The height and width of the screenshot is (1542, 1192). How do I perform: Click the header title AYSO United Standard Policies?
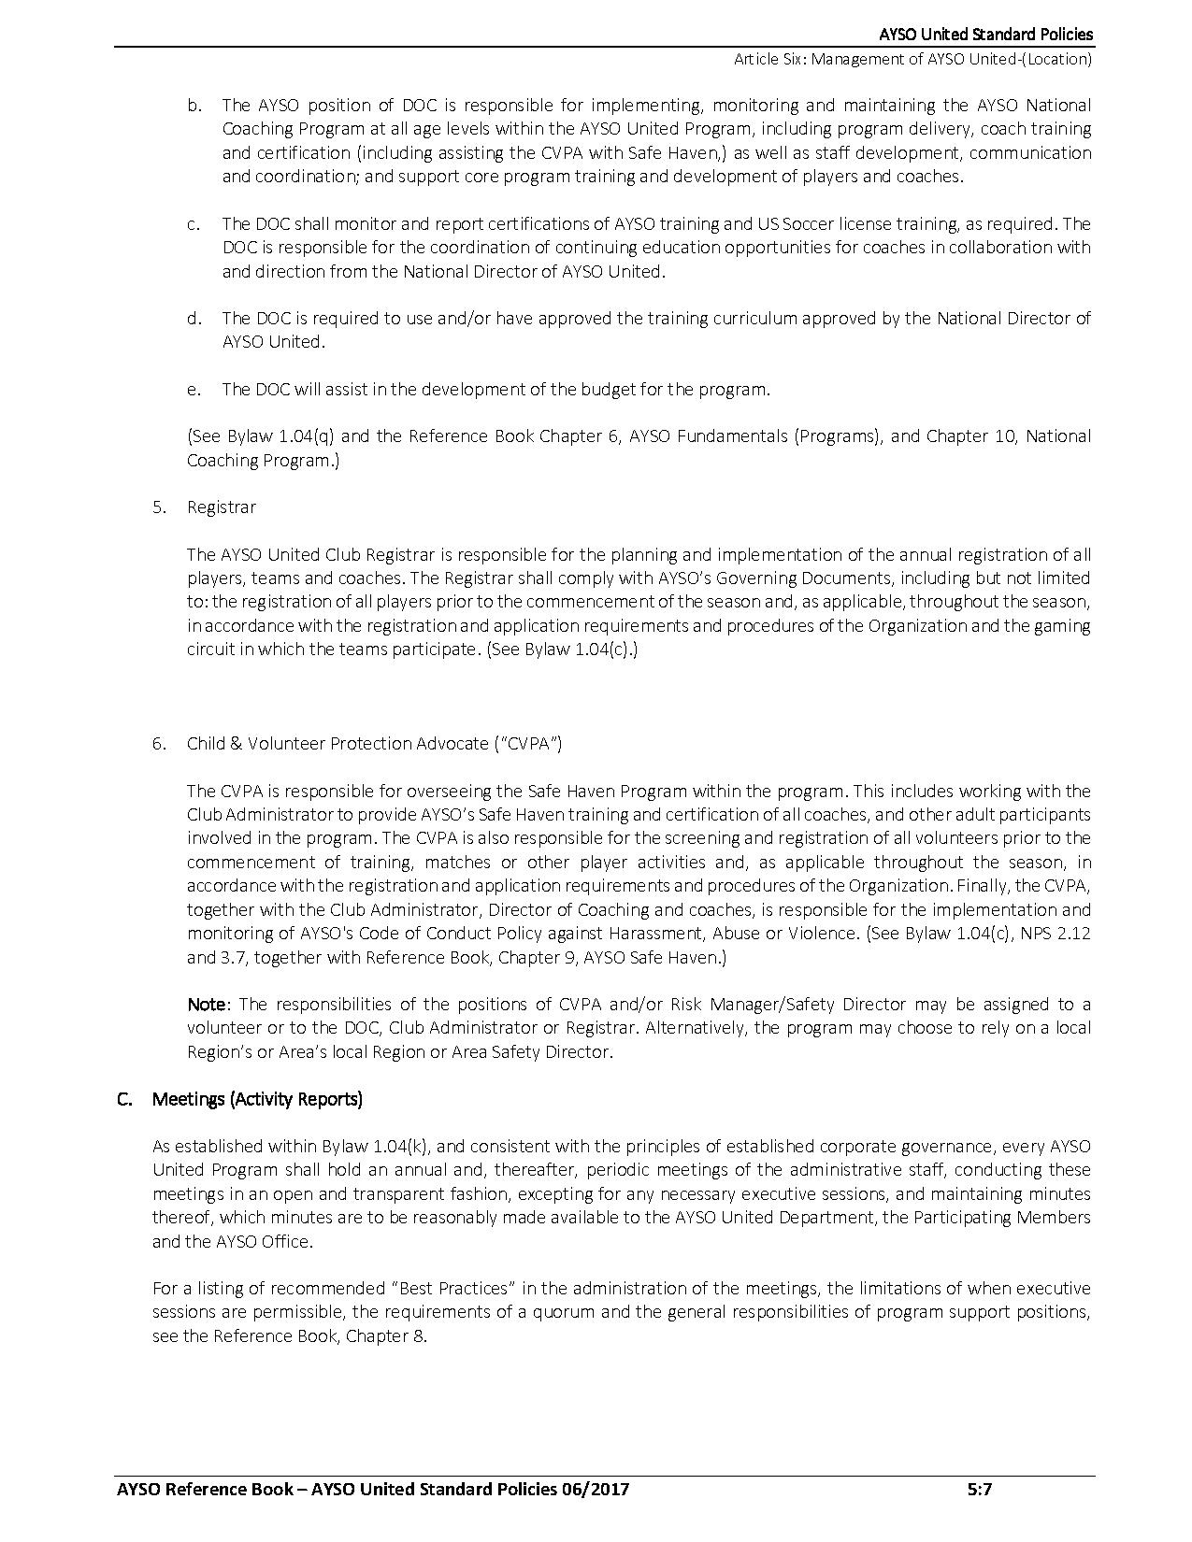(985, 35)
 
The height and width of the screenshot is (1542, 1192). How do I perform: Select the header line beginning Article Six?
(912, 59)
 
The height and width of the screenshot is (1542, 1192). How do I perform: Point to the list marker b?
(194, 106)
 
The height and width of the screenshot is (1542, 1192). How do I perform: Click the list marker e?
(194, 389)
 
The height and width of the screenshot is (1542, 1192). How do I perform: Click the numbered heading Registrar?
(221, 507)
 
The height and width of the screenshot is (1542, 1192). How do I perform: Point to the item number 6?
(159, 743)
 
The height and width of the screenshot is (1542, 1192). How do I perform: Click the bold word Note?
(207, 1004)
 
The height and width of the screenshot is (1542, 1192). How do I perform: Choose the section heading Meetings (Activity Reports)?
(257, 1099)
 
